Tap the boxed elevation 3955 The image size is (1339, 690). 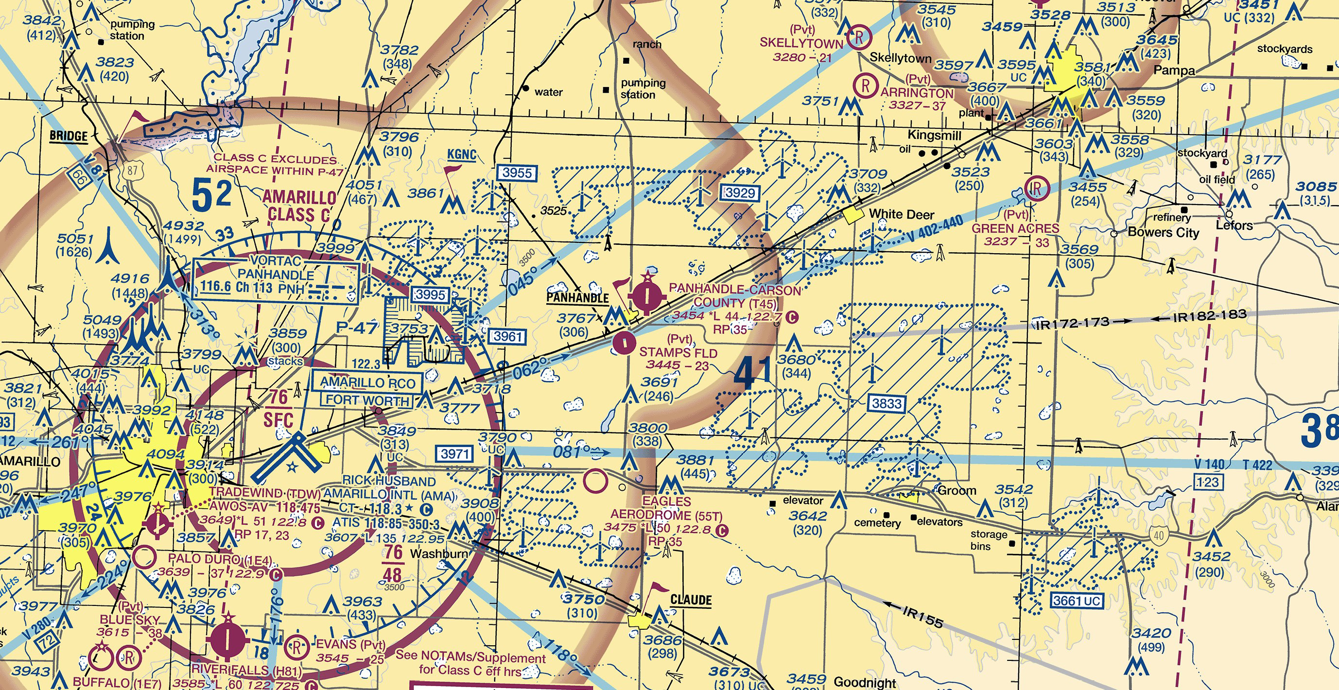[x=517, y=172]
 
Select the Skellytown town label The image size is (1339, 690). [x=900, y=58]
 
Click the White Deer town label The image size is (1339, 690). [x=901, y=214]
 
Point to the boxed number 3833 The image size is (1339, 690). [x=887, y=403]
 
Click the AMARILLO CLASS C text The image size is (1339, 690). [x=299, y=206]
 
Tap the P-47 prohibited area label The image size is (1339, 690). [x=357, y=328]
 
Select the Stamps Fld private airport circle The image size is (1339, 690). [x=624, y=343]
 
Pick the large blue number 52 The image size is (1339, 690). [x=211, y=195]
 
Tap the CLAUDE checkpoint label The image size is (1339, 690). [x=691, y=600]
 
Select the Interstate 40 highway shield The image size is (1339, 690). [x=1158, y=535]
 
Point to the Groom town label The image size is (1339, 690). [x=957, y=490]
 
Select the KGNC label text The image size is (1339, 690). [x=462, y=155]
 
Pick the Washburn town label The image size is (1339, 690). [x=439, y=554]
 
